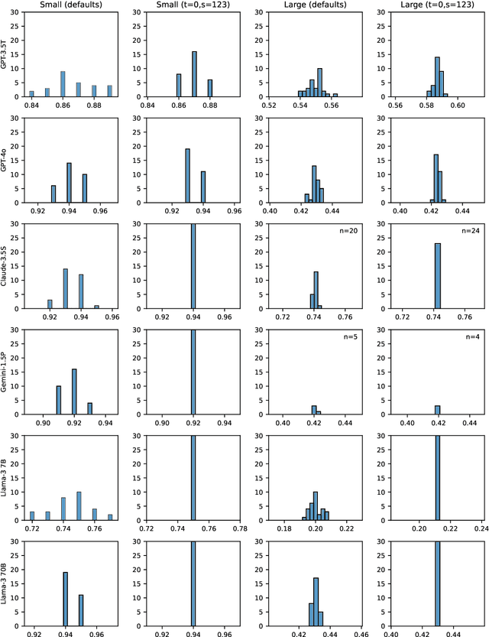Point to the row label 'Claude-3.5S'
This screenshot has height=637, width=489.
(x=6, y=265)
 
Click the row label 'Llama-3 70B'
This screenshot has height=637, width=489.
(x=6, y=583)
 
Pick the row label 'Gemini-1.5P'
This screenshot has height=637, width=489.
(x=6, y=371)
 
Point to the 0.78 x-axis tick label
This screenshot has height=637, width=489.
(x=240, y=528)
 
